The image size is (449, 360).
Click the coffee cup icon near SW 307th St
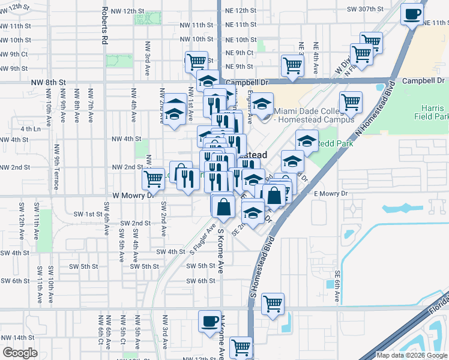pyautogui.click(x=412, y=13)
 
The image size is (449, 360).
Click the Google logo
pyautogui.click(x=20, y=353)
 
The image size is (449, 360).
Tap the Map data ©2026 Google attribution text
pyautogui.click(x=412, y=355)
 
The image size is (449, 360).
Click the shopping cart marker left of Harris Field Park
pyautogui.click(x=351, y=102)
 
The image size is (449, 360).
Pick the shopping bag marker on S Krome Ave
pyautogui.click(x=223, y=207)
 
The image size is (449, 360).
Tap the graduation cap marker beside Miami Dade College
pyautogui.click(x=262, y=104)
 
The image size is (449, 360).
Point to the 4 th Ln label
pyautogui.click(x=30, y=128)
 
